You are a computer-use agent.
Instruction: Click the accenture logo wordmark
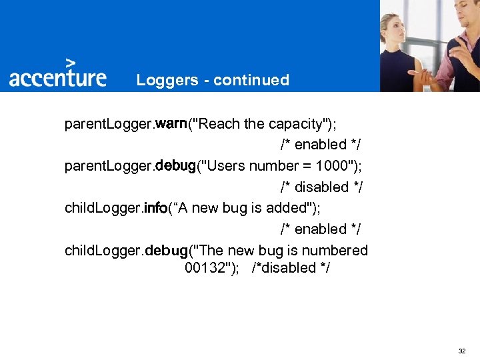[57, 77]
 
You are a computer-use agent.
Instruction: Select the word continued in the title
[251, 81]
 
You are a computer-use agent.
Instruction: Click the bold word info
[155, 208]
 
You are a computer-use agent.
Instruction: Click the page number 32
[463, 350]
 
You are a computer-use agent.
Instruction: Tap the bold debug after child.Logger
[167, 251]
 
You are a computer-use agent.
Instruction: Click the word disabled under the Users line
[322, 187]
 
